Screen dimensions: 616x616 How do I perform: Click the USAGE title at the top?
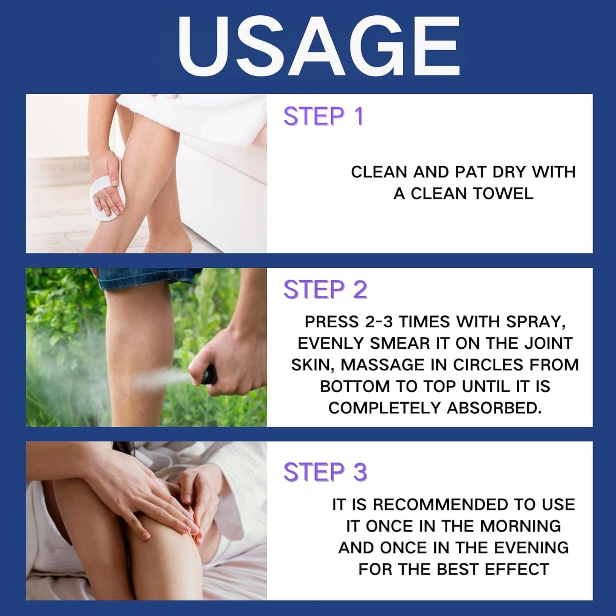click(319, 46)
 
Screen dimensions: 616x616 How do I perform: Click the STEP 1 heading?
click(324, 116)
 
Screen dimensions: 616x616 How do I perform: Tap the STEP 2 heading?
click(325, 290)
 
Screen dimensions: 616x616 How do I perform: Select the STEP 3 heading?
click(325, 472)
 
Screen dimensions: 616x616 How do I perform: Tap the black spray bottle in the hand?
click(209, 375)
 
